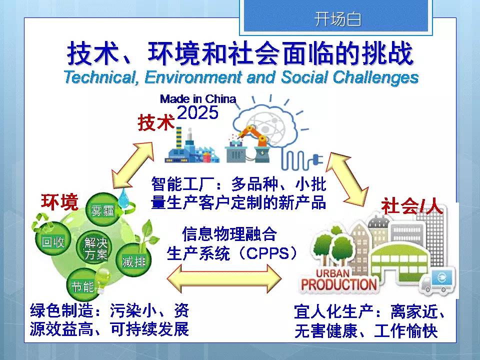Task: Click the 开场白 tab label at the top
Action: pyautogui.click(x=337, y=19)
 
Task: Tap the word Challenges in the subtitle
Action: pyautogui.click(x=375, y=77)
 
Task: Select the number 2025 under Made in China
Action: pyautogui.click(x=198, y=112)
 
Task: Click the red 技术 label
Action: pyautogui.click(x=156, y=123)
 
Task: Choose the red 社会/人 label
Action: pyautogui.click(x=411, y=206)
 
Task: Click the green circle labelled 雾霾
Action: pyautogui.click(x=102, y=209)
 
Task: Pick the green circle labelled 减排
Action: pyautogui.click(x=134, y=261)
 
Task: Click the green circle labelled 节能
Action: pyautogui.click(x=82, y=285)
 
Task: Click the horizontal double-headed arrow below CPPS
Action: pyautogui.click(x=224, y=278)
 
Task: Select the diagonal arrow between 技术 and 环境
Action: pyautogui.click(x=133, y=165)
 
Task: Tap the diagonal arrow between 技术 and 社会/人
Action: pyautogui.click(x=346, y=179)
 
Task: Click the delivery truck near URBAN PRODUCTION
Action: pyautogui.click(x=438, y=281)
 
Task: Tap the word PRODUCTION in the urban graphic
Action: pyautogui.click(x=338, y=284)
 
